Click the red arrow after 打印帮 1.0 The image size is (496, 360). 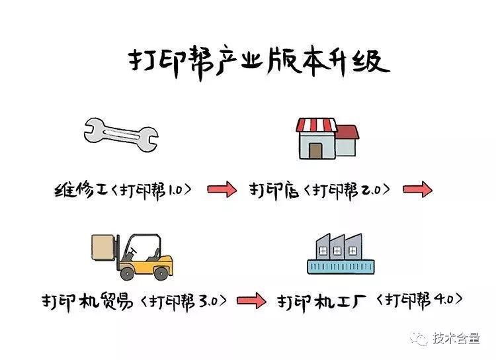coord(222,191)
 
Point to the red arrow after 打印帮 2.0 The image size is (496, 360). coord(417,191)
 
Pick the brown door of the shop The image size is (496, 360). coord(315,150)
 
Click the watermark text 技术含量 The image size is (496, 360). coord(456,339)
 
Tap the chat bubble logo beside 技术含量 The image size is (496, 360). coord(420,339)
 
